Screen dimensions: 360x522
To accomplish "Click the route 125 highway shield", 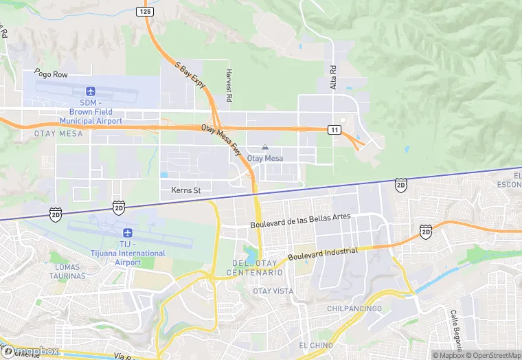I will [144, 12].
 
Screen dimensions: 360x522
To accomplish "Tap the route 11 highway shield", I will [334, 129].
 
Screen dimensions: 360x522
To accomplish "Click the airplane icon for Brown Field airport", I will [91, 91].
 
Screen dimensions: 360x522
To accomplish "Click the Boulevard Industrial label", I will [323, 254].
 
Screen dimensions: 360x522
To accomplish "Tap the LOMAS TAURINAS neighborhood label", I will [67, 271].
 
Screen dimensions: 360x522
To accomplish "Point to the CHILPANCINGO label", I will [354, 308].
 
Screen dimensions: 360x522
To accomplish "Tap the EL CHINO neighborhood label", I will [316, 344].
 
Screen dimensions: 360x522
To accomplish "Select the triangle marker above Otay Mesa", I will [265, 147].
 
